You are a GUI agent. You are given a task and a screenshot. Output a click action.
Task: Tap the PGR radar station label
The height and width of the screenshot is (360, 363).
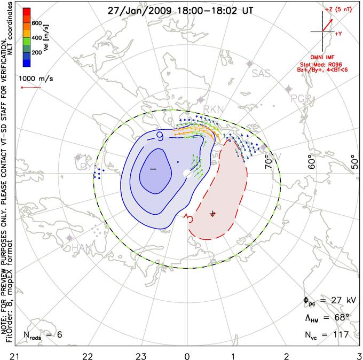click(300, 98)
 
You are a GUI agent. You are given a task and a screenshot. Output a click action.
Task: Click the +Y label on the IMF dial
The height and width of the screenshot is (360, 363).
click(338, 33)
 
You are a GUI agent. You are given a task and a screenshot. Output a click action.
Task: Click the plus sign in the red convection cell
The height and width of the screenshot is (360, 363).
click(213, 214)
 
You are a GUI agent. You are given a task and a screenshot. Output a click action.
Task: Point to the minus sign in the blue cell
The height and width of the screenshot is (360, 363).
click(153, 169)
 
